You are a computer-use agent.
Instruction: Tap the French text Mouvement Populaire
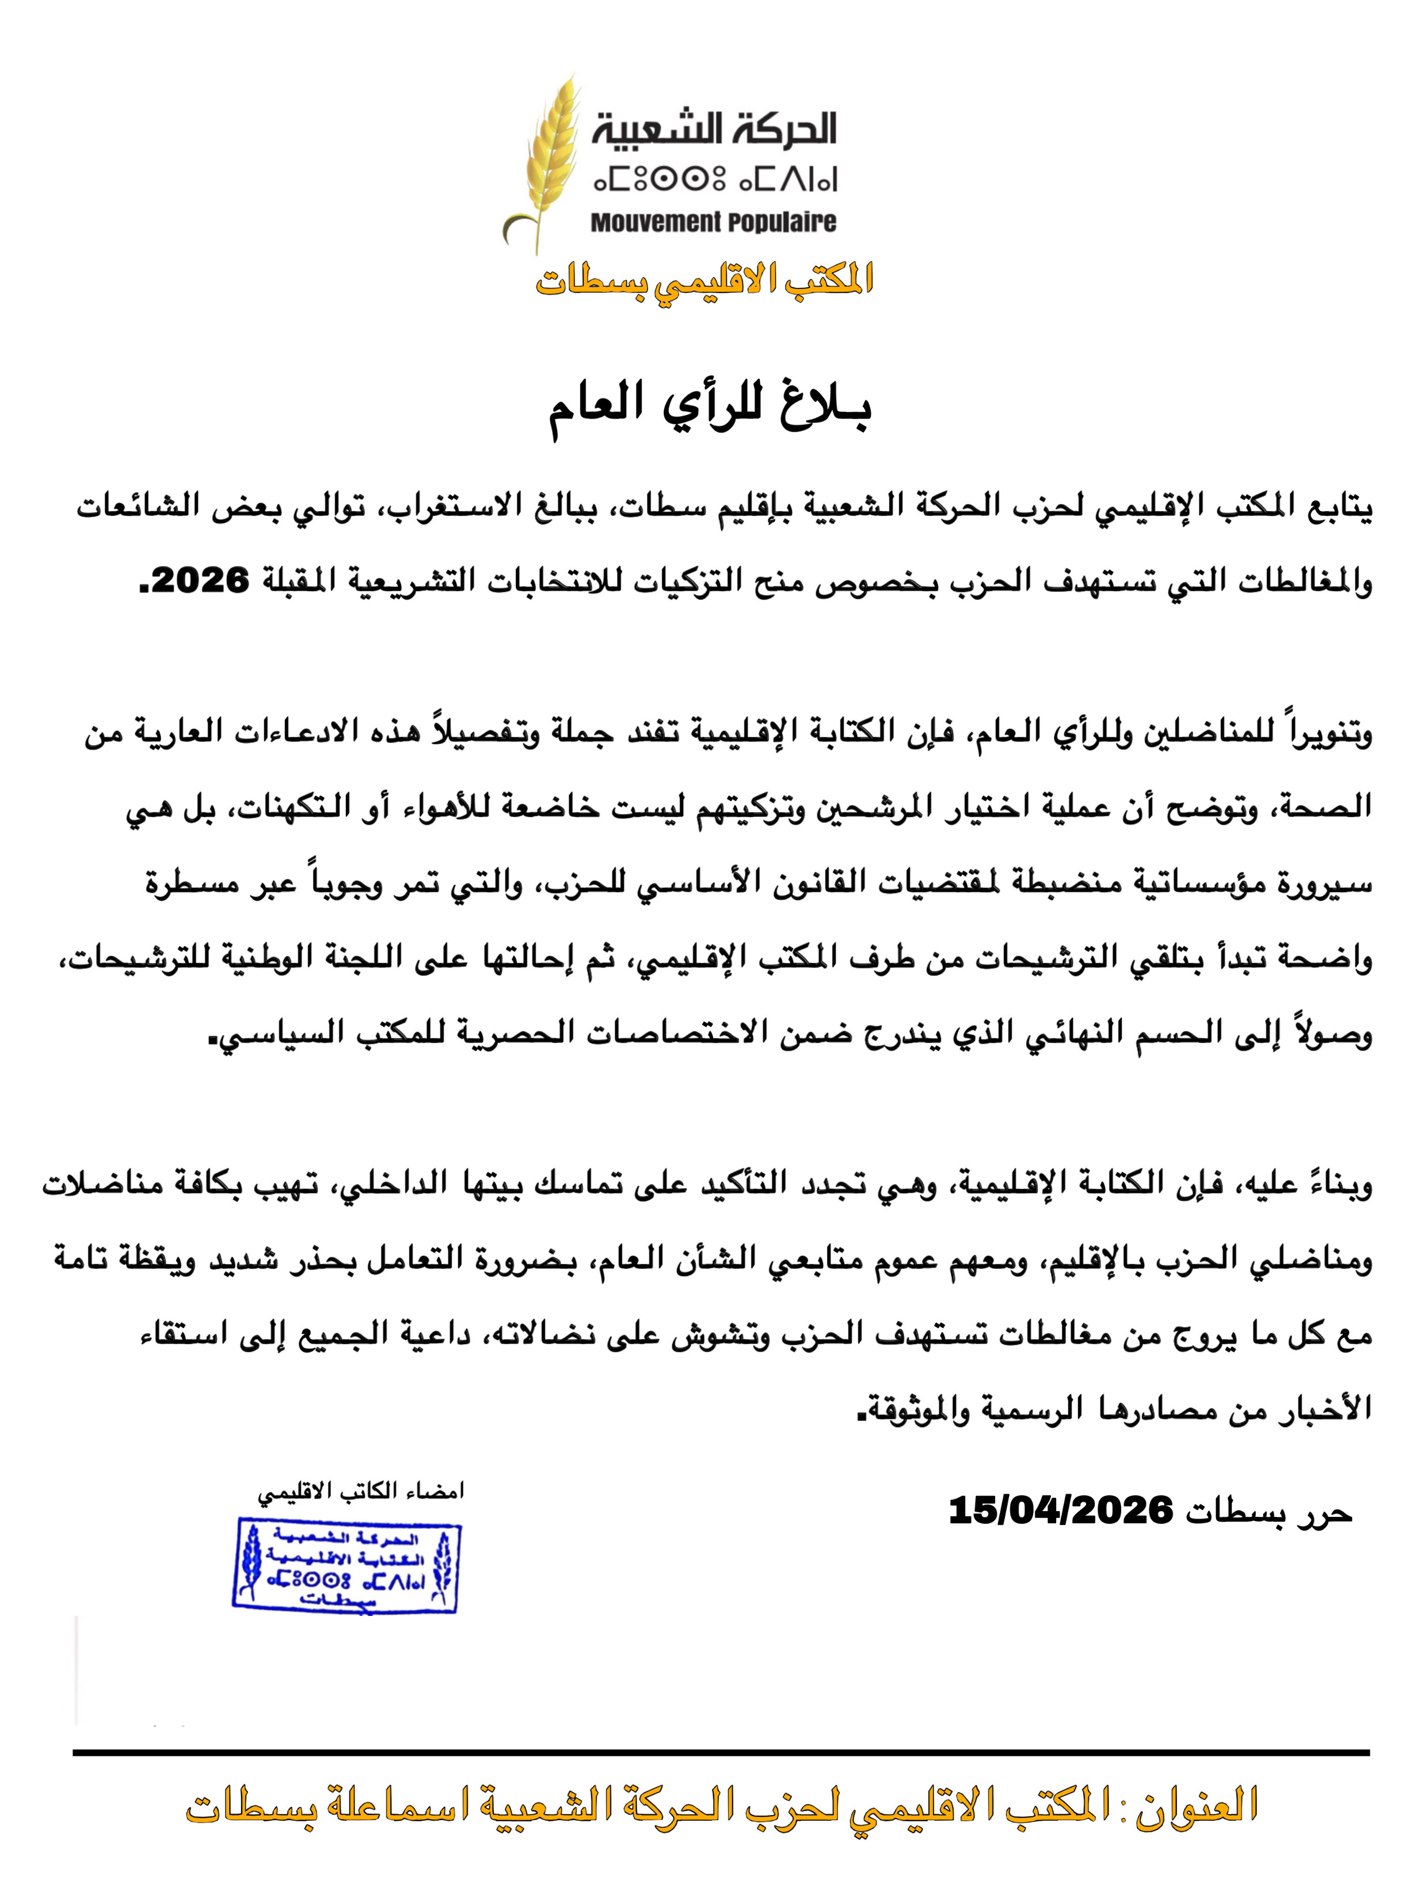[x=713, y=223]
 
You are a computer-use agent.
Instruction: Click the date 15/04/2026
[x=1060, y=1511]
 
